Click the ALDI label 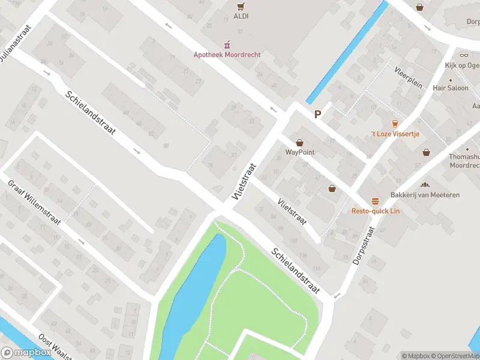click(x=241, y=16)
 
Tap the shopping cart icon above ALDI click(x=241, y=7)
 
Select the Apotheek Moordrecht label click(x=227, y=55)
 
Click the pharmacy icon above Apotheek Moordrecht click(x=227, y=45)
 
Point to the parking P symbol click(x=317, y=114)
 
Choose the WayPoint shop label click(x=299, y=152)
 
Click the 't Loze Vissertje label click(x=394, y=133)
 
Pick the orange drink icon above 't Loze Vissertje click(x=395, y=123)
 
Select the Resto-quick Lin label click(x=375, y=211)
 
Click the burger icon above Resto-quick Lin click(x=375, y=201)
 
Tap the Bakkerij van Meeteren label click(x=425, y=195)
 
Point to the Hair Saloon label click(x=450, y=88)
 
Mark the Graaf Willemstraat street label click(x=34, y=203)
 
